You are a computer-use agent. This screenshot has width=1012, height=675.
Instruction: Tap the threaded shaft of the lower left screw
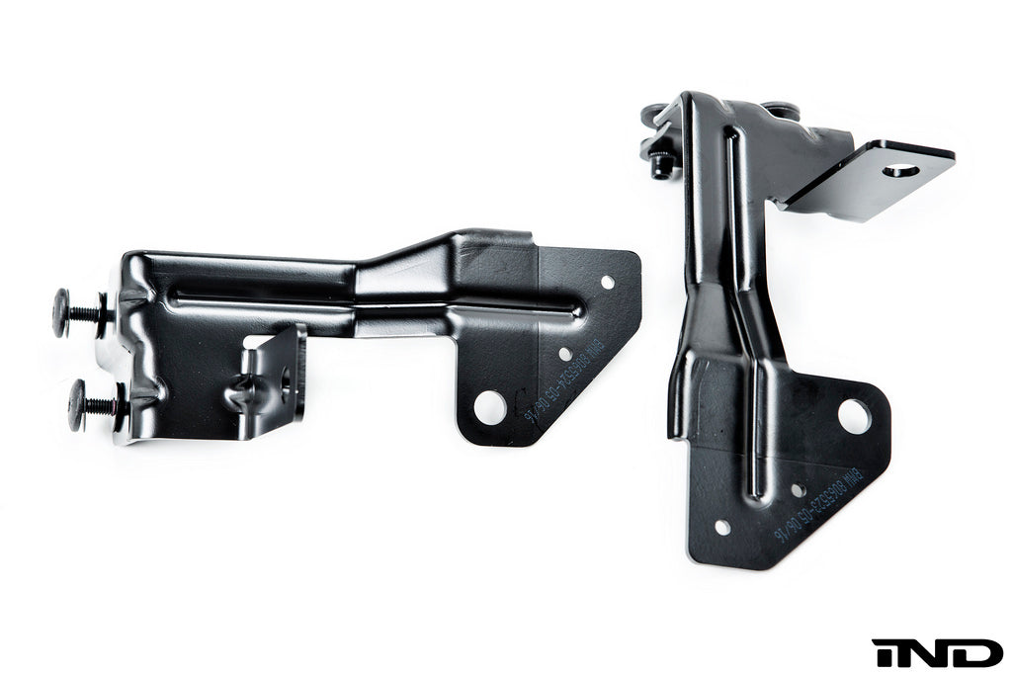[103, 403]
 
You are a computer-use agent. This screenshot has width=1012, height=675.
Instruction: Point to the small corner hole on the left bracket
[607, 283]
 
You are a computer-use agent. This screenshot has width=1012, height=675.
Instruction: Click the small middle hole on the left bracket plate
[564, 354]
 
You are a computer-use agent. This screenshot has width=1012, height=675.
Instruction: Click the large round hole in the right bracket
[855, 415]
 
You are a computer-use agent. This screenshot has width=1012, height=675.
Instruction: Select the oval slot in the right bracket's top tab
[900, 170]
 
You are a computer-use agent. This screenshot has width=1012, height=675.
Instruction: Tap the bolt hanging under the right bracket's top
[663, 164]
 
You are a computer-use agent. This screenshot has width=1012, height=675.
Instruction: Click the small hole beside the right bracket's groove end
[797, 490]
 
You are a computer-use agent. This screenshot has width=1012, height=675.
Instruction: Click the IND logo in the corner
[936, 652]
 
